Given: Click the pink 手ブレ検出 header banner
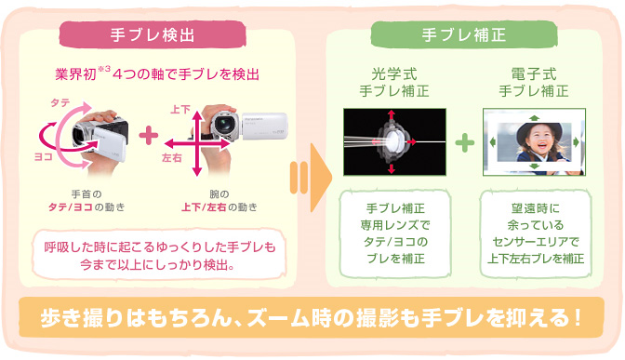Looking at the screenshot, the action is tap(153, 34).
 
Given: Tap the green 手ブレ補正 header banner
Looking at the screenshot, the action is tap(463, 34).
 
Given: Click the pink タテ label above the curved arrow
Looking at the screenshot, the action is tap(60, 103).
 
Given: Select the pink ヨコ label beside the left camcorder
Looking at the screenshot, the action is tap(44, 156).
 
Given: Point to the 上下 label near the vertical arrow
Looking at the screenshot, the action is tap(180, 110).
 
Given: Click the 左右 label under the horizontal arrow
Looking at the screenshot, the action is tap(172, 158).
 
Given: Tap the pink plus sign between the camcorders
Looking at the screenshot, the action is tap(149, 136).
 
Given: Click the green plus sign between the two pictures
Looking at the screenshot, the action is tap(464, 142).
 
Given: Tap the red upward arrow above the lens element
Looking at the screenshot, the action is tap(392, 114).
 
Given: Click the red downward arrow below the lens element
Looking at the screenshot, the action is tap(392, 168).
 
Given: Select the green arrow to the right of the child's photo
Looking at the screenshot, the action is tap(576, 142).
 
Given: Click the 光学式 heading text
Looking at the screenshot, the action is tap(394, 74).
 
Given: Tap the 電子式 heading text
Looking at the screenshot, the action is tap(534, 74).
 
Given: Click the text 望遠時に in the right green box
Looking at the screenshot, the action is tap(536, 208).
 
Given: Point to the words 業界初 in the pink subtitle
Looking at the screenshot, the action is tap(75, 74).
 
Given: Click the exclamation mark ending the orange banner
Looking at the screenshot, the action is tap(577, 318).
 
